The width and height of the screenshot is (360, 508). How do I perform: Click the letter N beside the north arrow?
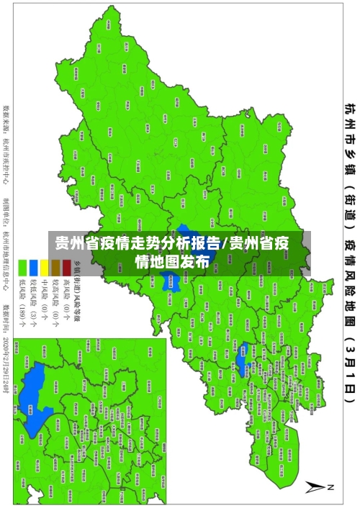pos(331,487)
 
